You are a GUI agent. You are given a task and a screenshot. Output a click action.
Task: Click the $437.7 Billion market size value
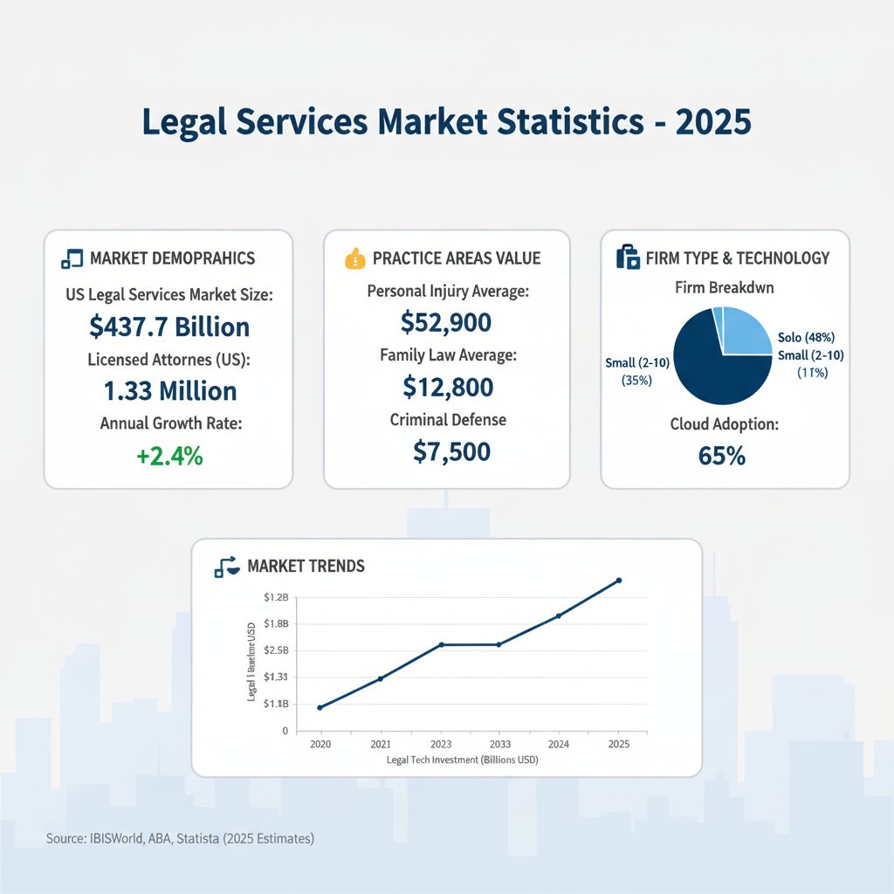click(x=169, y=327)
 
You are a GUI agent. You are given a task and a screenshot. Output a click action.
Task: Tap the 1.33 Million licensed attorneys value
click(x=168, y=390)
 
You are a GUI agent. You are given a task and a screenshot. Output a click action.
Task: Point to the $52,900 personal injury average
click(x=446, y=324)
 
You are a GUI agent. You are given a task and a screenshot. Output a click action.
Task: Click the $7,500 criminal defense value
click(x=446, y=451)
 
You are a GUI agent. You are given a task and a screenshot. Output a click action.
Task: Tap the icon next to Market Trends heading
click(x=227, y=567)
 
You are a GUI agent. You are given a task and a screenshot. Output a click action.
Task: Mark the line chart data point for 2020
click(x=320, y=707)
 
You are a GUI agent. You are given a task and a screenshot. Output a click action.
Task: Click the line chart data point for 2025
click(x=619, y=580)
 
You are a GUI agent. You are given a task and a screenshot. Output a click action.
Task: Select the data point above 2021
click(x=381, y=678)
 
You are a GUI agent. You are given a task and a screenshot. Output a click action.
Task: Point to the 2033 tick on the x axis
click(x=499, y=745)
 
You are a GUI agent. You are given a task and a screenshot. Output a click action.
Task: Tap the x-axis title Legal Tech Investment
click(x=462, y=760)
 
